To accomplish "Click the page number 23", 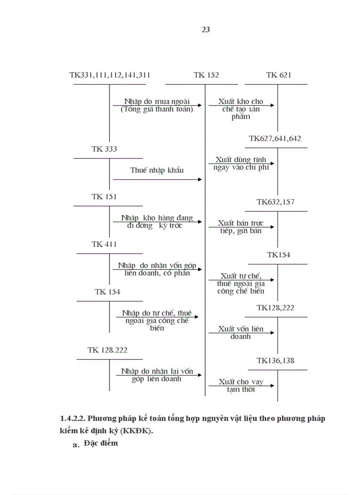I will click(x=206, y=30).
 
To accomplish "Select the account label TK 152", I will click(x=206, y=75).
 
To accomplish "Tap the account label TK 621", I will click(x=279, y=75).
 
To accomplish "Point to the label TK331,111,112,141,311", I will click(x=110, y=75).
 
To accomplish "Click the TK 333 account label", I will click(x=105, y=149).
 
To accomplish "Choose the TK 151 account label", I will click(x=105, y=197).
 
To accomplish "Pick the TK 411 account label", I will click(x=105, y=244).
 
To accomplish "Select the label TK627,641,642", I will click(x=275, y=138).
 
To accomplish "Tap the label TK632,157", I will click(x=276, y=202).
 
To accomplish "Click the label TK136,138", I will click(x=276, y=361).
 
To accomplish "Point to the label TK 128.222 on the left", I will click(x=108, y=350).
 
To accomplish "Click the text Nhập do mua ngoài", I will click(x=157, y=101).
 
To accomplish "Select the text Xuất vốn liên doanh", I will click(x=241, y=333).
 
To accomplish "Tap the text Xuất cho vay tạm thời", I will click(x=241, y=386).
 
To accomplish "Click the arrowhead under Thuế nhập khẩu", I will click(x=200, y=179).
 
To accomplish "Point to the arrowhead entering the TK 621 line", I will click(x=272, y=105).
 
